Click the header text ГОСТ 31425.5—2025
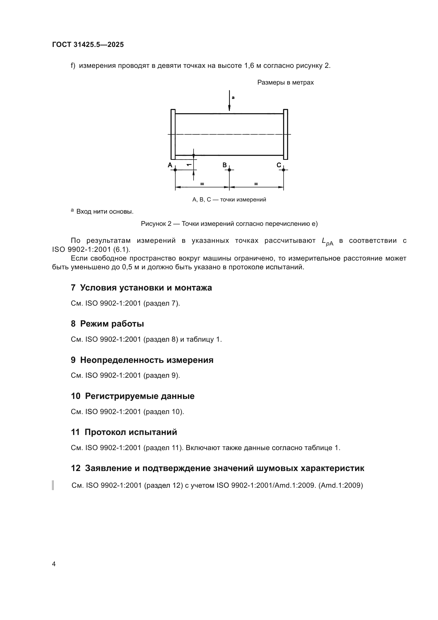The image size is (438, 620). pos(88,45)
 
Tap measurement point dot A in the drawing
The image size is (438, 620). pos(175,170)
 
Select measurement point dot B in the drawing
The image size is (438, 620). pos(229,170)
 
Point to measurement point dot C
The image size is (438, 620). pos(283,170)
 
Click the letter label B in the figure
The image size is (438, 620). pos(225,165)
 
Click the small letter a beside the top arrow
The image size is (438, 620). pos(233,98)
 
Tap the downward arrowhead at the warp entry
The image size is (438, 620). pos(229,108)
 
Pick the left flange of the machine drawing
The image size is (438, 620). pos(173,134)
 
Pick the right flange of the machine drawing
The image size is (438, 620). pos(286,134)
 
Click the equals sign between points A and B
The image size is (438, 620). pos(202,184)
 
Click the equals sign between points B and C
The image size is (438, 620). pos(256,184)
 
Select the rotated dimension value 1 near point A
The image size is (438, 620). pos(189,164)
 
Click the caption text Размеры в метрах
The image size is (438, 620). pos(285,82)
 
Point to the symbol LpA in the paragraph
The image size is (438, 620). pos(327,241)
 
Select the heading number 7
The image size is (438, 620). pos(73,288)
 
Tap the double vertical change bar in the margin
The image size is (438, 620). pos(53,485)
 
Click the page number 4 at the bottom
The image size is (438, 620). pos(54,564)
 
